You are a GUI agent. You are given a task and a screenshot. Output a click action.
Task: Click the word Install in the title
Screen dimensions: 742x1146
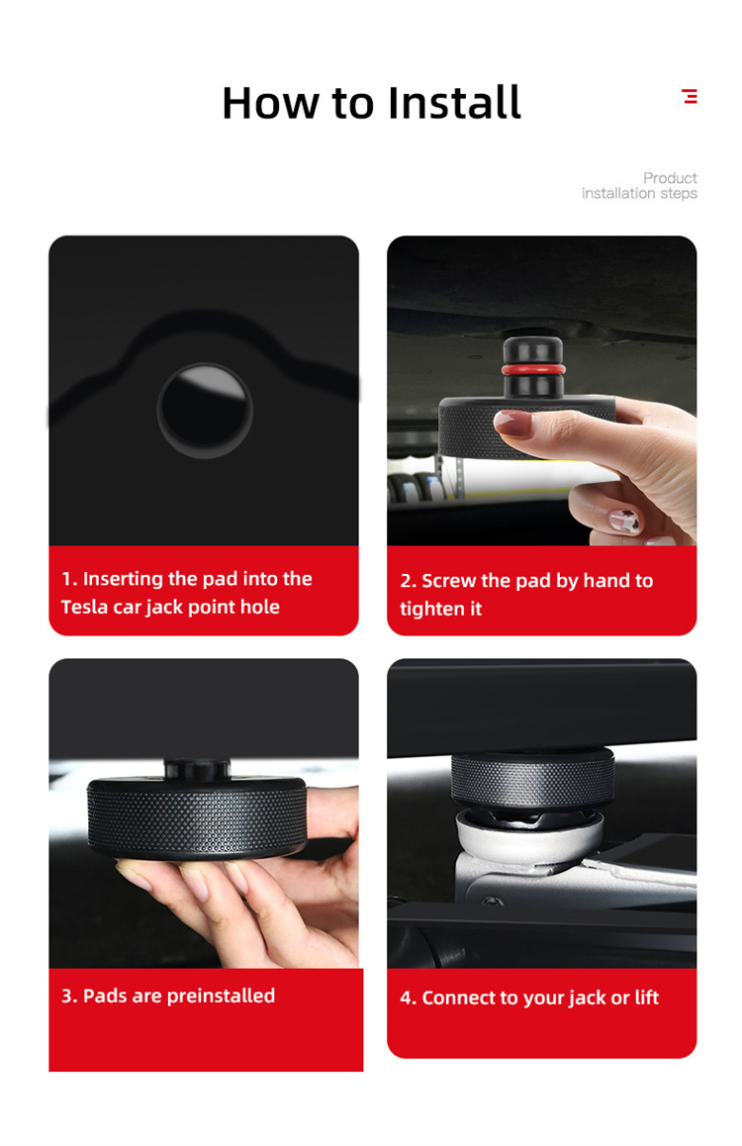click(454, 102)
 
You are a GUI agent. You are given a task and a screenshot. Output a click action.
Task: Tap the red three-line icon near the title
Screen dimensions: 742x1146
click(690, 96)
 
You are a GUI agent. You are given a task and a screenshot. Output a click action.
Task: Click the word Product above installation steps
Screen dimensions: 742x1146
click(670, 177)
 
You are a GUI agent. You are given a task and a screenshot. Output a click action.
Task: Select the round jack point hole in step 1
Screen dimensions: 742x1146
click(205, 410)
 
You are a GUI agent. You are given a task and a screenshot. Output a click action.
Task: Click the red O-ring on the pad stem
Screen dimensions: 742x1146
click(533, 368)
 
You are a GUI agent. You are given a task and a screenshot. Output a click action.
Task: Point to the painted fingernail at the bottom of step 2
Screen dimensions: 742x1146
click(625, 521)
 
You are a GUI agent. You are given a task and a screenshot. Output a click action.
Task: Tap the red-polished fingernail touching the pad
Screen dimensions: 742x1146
click(513, 423)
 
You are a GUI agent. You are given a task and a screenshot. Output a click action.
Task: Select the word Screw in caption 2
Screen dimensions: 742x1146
click(448, 580)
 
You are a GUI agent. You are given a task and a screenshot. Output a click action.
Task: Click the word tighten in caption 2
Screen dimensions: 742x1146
click(427, 609)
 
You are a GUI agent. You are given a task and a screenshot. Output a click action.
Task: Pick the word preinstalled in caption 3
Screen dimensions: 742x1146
click(221, 996)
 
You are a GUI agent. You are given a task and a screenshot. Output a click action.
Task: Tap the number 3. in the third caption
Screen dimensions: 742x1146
click(69, 996)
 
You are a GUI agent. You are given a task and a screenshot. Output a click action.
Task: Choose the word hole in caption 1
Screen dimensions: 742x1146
click(261, 607)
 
